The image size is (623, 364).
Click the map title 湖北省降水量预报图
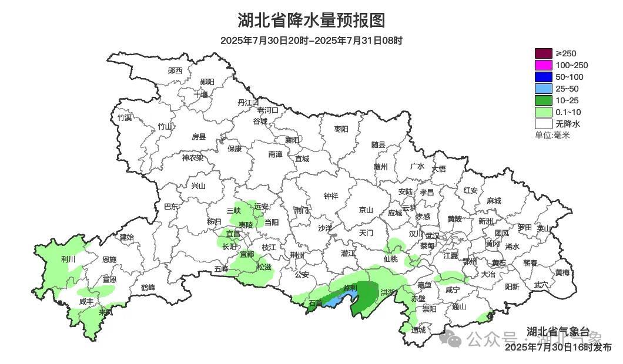(311, 21)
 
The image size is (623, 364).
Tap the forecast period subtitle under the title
(311, 41)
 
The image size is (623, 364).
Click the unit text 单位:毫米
(552, 135)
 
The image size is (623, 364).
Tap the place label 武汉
(432, 234)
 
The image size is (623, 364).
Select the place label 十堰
(201, 94)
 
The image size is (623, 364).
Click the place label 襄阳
(292, 140)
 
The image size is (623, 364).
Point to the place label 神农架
(192, 157)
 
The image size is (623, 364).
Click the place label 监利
(350, 288)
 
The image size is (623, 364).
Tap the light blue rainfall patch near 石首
(333, 302)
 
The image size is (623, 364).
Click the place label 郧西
(175, 70)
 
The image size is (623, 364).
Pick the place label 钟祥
(331, 196)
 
